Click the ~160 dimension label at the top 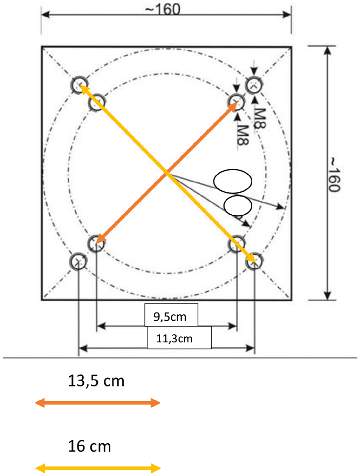pos(162,10)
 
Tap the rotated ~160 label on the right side pos(334,174)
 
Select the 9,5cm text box pos(171,315)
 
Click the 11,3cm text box pos(179,338)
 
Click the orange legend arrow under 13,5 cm pos(97,403)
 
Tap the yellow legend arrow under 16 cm pos(98,468)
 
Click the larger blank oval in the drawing pos(232,181)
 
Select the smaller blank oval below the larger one pos(238,206)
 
